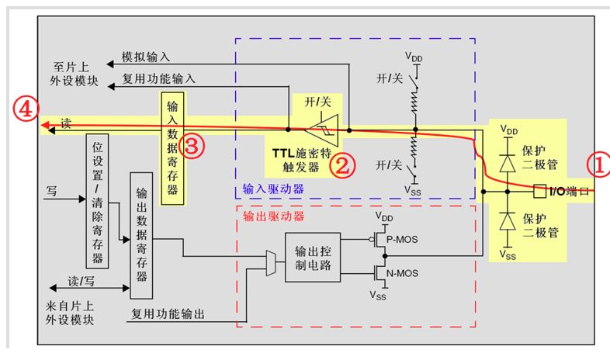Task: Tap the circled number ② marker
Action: [x=342, y=164]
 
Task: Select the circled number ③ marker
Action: [x=195, y=145]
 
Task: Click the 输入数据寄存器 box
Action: [x=172, y=147]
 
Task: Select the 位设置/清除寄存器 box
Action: [x=99, y=201]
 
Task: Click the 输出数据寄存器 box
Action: [x=141, y=235]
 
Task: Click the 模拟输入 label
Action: [x=146, y=57]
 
